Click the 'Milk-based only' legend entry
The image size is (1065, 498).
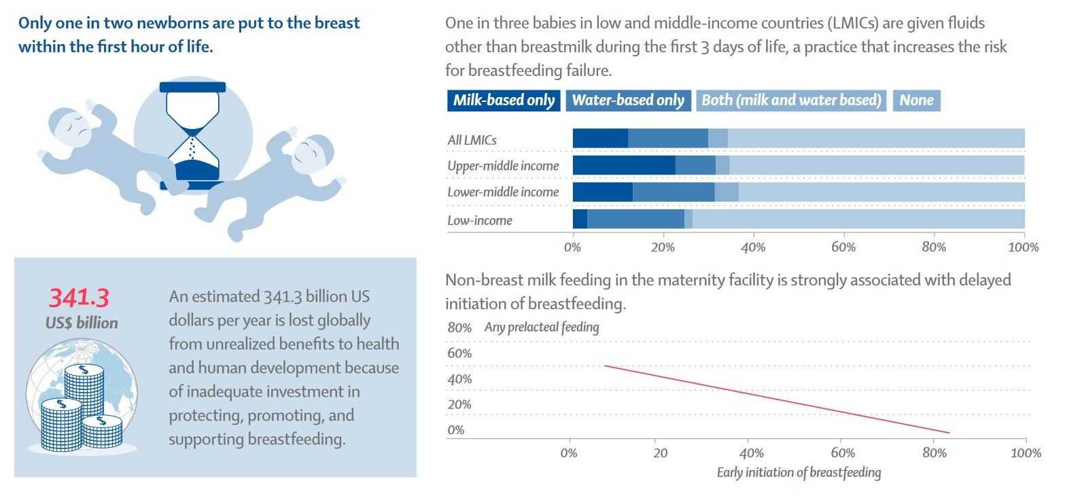[504, 101]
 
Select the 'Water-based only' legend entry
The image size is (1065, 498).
[628, 101]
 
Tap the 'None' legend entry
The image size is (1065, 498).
[916, 101]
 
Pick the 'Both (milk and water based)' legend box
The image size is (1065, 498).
[791, 101]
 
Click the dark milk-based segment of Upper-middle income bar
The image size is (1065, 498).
[624, 165]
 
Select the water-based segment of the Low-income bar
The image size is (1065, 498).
[635, 219]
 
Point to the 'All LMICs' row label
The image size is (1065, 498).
[472, 140]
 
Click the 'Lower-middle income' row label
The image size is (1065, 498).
[503, 192]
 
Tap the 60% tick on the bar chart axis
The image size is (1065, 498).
[843, 247]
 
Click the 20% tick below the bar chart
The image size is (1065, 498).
[663, 247]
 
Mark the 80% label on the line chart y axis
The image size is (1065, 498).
[459, 328]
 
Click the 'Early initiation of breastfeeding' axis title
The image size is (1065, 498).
[799, 473]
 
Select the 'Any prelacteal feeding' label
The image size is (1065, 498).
[542, 327]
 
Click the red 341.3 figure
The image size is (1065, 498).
[78, 298]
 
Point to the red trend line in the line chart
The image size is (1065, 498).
[775, 399]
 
